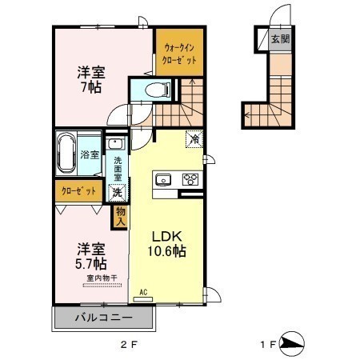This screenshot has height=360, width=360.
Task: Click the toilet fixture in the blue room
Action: pyautogui.click(x=158, y=90)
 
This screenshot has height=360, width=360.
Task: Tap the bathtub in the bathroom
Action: pyautogui.click(x=66, y=153)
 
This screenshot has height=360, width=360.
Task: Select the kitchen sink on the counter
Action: pyautogui.click(x=163, y=179)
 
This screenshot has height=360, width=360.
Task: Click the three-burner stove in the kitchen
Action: pyautogui.click(x=190, y=179)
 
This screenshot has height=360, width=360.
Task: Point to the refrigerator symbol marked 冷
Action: pyautogui.click(x=194, y=139)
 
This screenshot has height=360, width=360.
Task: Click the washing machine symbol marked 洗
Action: pyautogui.click(x=117, y=192)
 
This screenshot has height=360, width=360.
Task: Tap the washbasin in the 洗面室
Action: pyautogui.click(x=115, y=144)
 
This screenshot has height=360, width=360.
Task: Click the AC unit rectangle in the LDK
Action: pyautogui.click(x=142, y=299)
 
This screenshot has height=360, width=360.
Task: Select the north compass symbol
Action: pyautogui.click(x=292, y=344)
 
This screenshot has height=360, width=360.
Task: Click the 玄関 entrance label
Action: pyautogui.click(x=280, y=39)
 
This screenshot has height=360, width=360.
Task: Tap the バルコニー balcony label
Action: pyautogui.click(x=103, y=318)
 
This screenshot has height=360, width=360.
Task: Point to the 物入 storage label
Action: pyautogui.click(x=121, y=217)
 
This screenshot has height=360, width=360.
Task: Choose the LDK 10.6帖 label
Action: pyautogui.click(x=167, y=244)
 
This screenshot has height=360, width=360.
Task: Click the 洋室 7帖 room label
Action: pyautogui.click(x=91, y=79)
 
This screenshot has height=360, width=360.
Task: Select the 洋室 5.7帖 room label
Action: pyautogui.click(x=91, y=256)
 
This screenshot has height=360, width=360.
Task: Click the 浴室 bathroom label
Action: pyautogui.click(x=90, y=154)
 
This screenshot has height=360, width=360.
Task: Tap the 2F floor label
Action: pyautogui.click(x=129, y=345)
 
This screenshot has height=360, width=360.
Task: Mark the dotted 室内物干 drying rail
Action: pyautogui.click(x=102, y=286)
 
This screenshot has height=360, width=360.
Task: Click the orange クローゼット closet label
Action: pyautogui.click(x=78, y=191)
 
